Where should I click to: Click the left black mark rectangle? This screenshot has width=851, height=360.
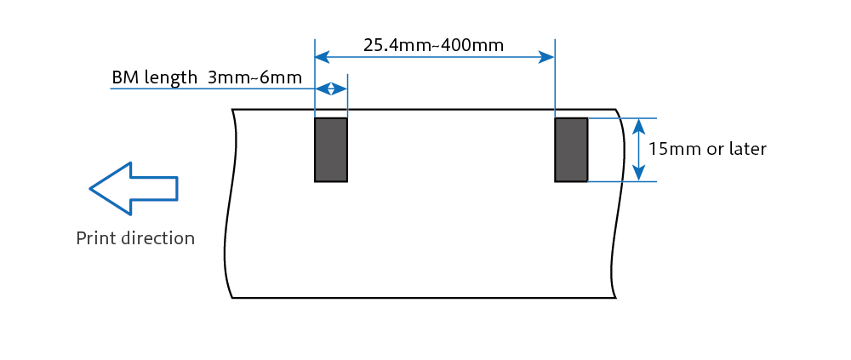click(x=331, y=149)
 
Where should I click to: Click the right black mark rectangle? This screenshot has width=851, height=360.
click(x=571, y=149)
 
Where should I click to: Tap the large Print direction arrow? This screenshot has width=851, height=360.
click(x=134, y=188)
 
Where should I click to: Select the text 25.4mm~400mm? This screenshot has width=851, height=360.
click(x=434, y=45)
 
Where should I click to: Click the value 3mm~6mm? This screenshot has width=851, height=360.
click(x=254, y=77)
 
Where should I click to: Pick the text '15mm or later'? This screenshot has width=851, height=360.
click(x=707, y=149)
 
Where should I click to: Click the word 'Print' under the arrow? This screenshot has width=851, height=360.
click(x=95, y=237)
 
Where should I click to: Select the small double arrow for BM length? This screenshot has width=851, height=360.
click(x=331, y=89)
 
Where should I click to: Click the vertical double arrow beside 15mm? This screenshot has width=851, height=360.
click(x=639, y=149)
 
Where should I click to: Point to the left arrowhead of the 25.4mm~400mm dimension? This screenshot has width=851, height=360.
click(x=323, y=57)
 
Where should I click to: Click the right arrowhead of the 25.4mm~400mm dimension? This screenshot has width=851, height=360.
click(x=546, y=57)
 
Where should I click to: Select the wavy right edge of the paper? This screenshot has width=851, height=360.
click(x=619, y=203)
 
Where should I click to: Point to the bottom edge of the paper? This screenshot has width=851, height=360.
click(x=424, y=298)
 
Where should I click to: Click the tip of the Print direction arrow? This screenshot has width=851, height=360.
click(x=89, y=188)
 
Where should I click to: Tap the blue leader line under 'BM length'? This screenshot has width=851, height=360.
click(x=213, y=89)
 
